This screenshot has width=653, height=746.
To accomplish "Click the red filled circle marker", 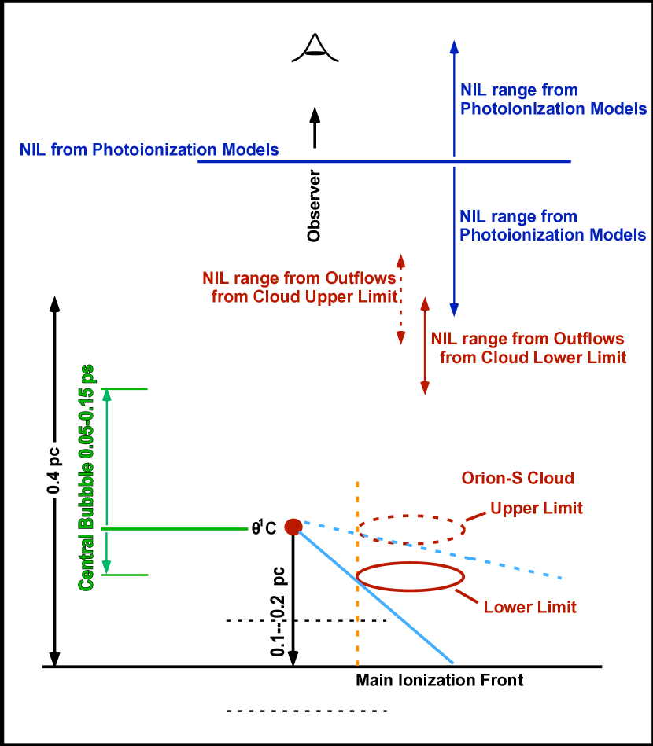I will click(293, 527).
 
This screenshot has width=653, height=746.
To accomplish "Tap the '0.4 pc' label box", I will click(53, 469).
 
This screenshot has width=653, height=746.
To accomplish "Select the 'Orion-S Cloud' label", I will click(517, 478).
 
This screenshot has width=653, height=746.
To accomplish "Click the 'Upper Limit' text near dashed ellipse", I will click(537, 508).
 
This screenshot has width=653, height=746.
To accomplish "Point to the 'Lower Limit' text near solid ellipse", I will click(529, 607).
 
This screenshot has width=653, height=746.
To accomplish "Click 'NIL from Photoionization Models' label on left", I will click(149, 149).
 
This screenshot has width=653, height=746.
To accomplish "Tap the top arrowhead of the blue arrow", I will click(454, 46).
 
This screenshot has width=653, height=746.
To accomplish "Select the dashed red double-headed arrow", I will click(400, 299).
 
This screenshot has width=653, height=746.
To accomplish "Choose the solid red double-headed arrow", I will click(425, 346).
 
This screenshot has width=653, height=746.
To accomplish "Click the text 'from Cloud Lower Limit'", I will click(533, 358).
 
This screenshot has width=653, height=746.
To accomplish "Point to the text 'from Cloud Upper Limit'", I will click(304, 297).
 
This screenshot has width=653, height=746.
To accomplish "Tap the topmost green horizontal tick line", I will click(127, 388).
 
